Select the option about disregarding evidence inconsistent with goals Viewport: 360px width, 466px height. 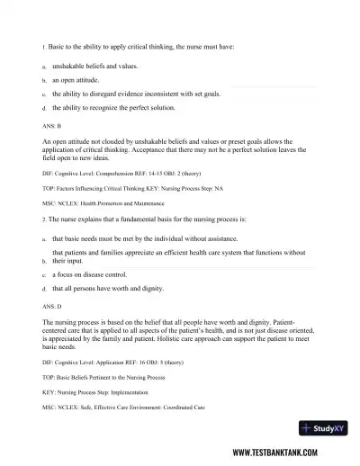point(147,93)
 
